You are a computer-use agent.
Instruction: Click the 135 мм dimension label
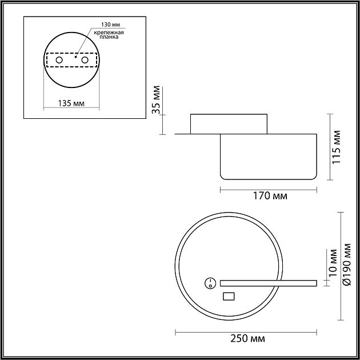pos(71,103)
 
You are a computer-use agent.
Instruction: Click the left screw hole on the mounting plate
pos(59,60)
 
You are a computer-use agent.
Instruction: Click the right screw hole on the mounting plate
pos(85,60)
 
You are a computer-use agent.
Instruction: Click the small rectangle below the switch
pos(229,296)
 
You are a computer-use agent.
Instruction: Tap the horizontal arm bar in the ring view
pos(268,282)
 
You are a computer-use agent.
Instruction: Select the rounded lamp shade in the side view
pos(269,156)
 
